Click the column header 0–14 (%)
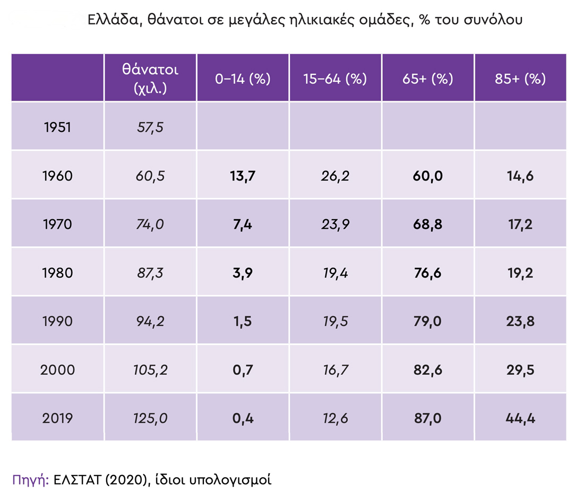pos(243,79)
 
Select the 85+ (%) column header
pos(520,79)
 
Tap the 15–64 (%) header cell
pos(335,79)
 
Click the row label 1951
pos(57,127)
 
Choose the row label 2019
pos(57,418)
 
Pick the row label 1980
pos(57,273)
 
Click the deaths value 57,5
pos(150,127)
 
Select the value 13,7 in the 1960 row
pos(243,176)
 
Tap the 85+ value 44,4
pos(520,418)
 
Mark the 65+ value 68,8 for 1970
pos(428,225)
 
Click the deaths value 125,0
pos(150,418)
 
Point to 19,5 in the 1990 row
pos(335,322)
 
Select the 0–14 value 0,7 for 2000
pos(243,370)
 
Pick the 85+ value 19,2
pos(520,273)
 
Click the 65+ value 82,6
pos(428,370)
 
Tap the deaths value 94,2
pos(150,322)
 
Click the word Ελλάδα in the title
pos(110,21)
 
